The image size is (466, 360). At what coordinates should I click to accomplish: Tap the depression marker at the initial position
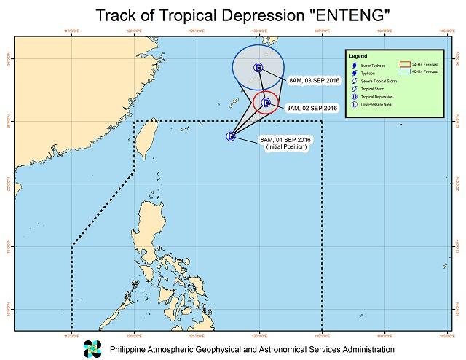(x=231, y=136)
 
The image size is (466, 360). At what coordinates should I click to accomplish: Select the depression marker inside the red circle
(x=266, y=103)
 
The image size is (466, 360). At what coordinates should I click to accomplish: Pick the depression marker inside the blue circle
(x=258, y=68)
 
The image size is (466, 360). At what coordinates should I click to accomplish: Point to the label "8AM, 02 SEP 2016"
(x=312, y=108)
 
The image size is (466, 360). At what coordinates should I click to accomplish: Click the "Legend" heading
(x=358, y=56)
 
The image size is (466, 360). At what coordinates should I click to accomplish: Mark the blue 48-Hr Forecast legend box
(x=406, y=72)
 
